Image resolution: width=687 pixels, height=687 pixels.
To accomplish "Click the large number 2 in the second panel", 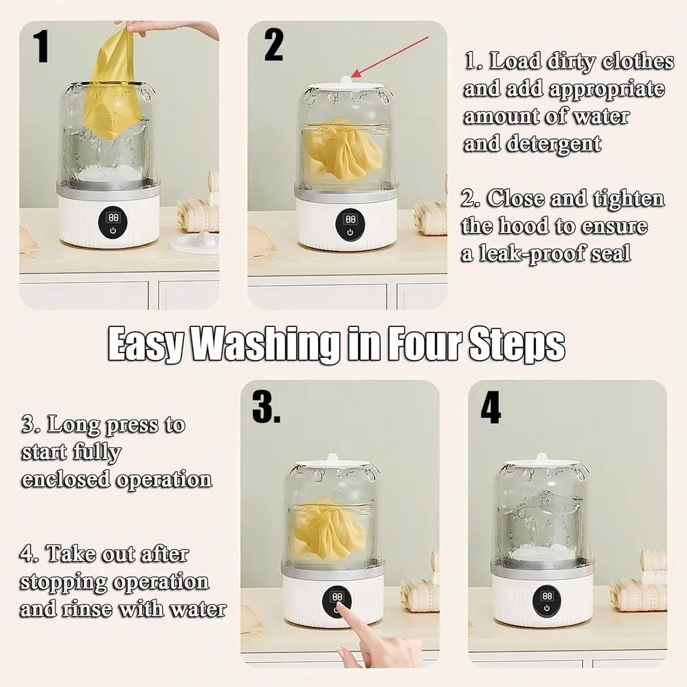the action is (274, 45).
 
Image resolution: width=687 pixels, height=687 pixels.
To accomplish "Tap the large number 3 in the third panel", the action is (266, 407).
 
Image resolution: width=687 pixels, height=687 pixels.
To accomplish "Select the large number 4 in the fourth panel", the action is (491, 407).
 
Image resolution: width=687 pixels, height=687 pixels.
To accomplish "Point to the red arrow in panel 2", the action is (390, 57).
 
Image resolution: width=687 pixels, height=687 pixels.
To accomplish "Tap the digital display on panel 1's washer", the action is (113, 217).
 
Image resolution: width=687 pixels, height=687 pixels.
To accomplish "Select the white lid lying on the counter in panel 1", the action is (194, 243).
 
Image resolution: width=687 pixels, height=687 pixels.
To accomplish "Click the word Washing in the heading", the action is (267, 345).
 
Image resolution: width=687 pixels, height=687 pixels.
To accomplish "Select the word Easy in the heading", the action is (146, 346).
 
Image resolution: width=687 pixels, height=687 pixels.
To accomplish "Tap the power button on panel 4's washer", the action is (547, 608).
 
